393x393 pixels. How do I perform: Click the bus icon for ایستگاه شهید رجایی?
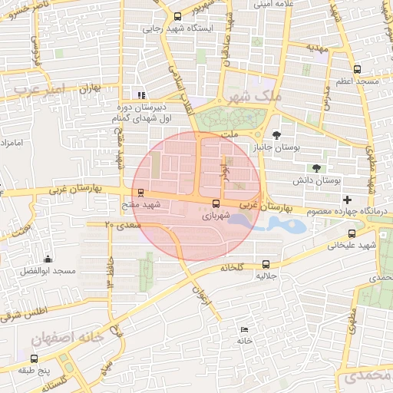click(x=178, y=16)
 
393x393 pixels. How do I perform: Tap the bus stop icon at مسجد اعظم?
click(x=357, y=69)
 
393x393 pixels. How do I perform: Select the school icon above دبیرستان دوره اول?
click(x=140, y=96)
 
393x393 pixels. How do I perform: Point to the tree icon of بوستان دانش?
click(x=317, y=168)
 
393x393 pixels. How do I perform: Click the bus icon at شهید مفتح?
click(x=139, y=194)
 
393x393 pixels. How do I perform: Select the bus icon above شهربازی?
click(x=215, y=204)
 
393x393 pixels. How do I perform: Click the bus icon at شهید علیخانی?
click(x=352, y=234)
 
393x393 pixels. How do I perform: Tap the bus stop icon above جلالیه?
click(x=266, y=263)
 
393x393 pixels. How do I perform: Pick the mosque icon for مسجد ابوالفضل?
click(x=48, y=259)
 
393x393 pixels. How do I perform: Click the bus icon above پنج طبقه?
click(x=33, y=358)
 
